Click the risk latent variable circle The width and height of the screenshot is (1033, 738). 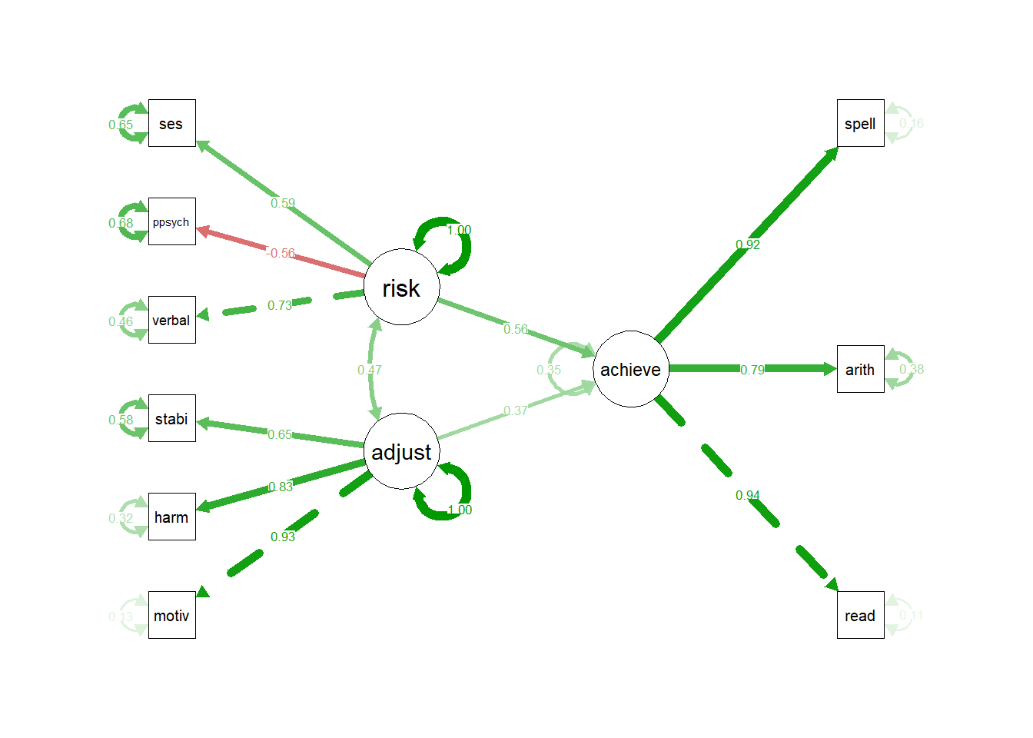401,287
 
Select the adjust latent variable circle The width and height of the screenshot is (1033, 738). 401,451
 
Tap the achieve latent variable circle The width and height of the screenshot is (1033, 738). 630,369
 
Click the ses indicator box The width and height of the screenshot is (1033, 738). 171,123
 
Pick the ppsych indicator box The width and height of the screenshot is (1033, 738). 171,221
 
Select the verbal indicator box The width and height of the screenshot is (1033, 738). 171,320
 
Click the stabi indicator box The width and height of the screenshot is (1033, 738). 171,418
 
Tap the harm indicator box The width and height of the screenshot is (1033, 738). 171,517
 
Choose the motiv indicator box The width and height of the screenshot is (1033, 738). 171,615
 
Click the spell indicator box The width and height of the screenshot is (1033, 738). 860,123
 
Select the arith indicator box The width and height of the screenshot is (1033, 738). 860,369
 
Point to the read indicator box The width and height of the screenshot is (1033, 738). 860,615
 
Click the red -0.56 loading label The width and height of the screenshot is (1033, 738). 281,253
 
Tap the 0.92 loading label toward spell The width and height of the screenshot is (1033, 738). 747,244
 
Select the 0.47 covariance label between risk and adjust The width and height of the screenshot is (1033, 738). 369,370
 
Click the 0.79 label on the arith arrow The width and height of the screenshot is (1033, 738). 752,370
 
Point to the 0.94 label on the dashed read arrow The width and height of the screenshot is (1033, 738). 747,495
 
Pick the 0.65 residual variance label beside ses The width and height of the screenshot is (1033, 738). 121,125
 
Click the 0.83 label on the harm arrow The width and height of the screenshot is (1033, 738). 281,487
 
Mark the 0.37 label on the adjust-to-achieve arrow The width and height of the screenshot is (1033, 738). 515,411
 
